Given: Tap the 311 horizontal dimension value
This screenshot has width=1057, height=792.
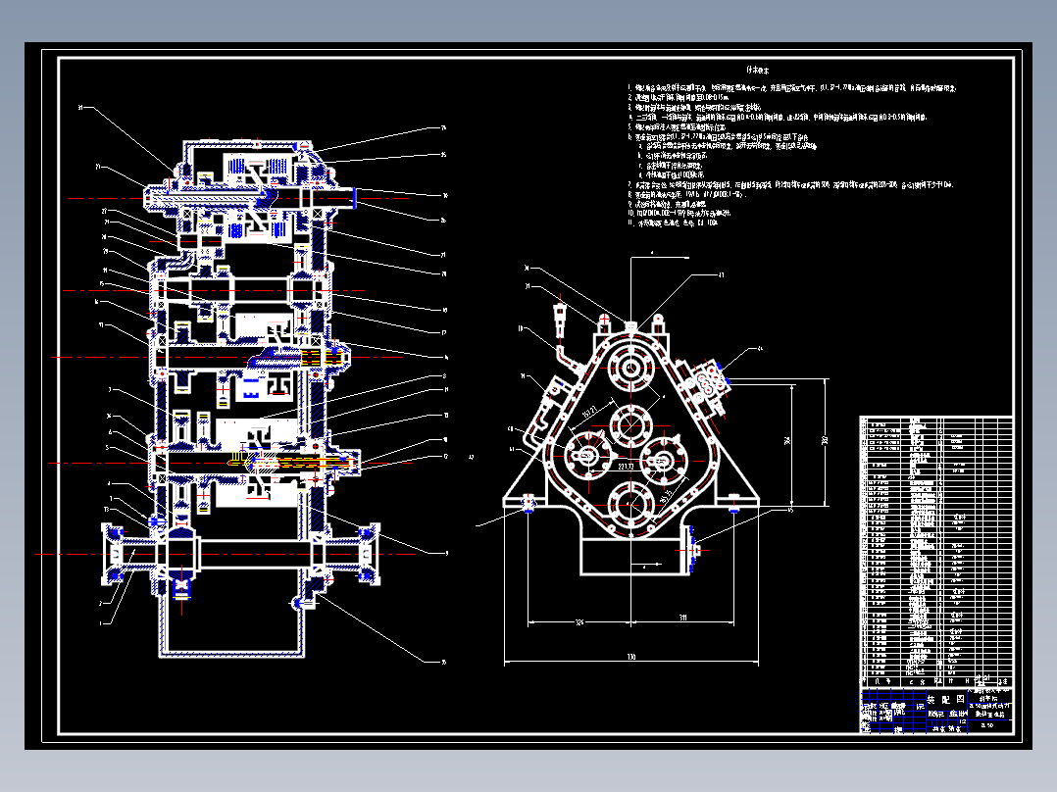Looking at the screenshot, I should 683,619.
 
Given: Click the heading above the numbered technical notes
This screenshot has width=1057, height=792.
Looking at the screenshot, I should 756,71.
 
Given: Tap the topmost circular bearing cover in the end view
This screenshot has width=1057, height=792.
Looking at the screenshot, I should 629,370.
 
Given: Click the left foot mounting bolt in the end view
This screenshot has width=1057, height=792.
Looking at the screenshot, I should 530,506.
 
